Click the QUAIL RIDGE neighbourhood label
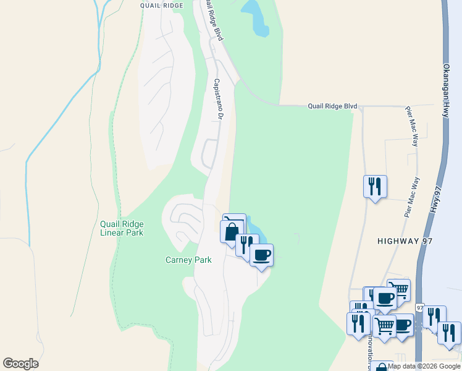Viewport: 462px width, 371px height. (162, 6)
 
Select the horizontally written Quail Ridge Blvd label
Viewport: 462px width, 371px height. (333, 106)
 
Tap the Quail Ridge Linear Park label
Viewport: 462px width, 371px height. (122, 228)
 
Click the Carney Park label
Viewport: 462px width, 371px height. (188, 260)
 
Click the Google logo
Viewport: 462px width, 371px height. (20, 364)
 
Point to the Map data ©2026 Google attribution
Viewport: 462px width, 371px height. (424, 366)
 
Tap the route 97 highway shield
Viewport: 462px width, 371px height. (420, 307)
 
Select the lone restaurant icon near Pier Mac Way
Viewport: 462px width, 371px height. (375, 186)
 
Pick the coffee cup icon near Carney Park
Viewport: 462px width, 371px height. (261, 255)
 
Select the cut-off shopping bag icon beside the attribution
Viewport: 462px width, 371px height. (382, 367)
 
